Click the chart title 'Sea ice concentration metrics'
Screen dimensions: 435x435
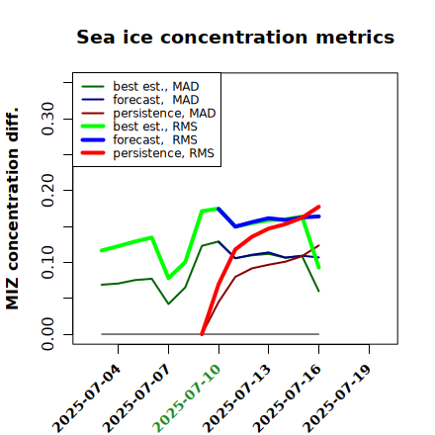coord(235,37)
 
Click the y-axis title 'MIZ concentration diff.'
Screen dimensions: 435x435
coord(12,209)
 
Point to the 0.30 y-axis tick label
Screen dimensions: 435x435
coord(48,119)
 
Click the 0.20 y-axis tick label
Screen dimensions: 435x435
coord(48,190)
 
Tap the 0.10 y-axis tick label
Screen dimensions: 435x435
coord(48,262)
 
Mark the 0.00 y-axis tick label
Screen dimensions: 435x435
coord(48,334)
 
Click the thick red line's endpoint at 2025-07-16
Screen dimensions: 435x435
coord(318,207)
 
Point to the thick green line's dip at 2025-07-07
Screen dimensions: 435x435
coord(168,278)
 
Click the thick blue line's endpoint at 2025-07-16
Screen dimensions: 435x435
coord(318,217)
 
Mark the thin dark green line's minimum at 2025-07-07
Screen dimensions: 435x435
coord(168,304)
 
